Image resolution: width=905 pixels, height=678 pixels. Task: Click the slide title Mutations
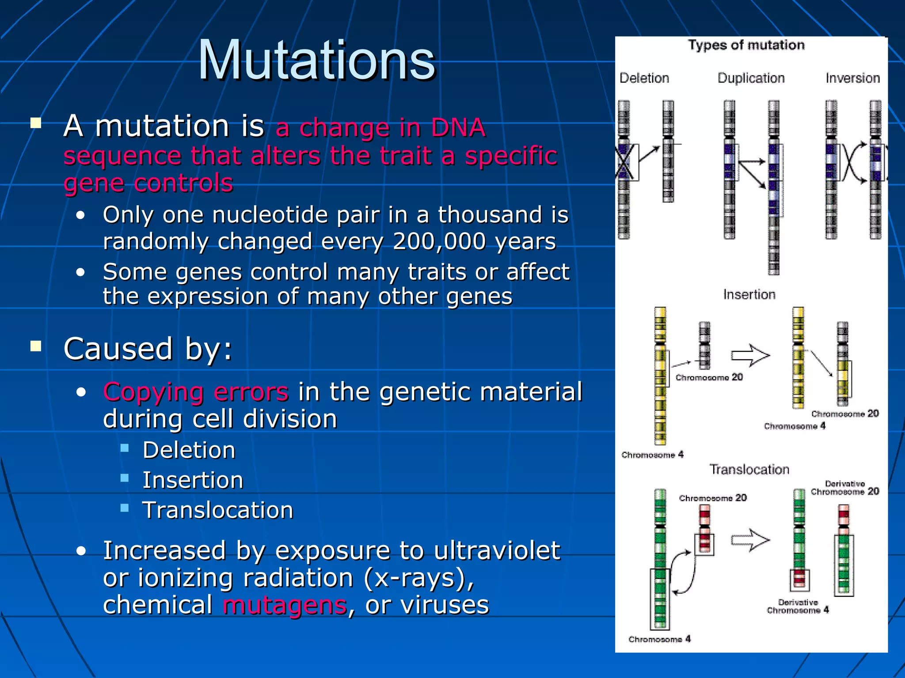pyautogui.click(x=317, y=60)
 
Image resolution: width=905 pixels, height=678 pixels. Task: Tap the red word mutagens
pyautogui.click(x=285, y=605)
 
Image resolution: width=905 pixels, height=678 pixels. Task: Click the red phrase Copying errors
pyautogui.click(x=196, y=392)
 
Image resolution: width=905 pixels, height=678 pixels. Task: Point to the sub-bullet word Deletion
pyautogui.click(x=189, y=451)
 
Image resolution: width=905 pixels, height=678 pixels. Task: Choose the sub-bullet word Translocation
pyautogui.click(x=217, y=511)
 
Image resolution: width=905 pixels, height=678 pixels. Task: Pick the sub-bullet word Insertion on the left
pyautogui.click(x=193, y=481)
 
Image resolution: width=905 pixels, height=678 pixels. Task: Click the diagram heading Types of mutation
pyautogui.click(x=746, y=45)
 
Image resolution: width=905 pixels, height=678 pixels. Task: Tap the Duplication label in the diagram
pyautogui.click(x=751, y=78)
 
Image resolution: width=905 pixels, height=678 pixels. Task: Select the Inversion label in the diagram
pyautogui.click(x=852, y=78)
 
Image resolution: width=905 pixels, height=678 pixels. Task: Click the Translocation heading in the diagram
pyautogui.click(x=749, y=470)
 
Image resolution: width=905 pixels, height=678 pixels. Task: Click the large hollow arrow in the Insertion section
pyautogui.click(x=750, y=356)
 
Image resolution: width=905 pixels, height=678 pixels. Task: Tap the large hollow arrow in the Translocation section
pyautogui.click(x=750, y=540)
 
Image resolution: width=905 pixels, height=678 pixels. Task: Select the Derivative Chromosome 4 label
pyautogui.click(x=798, y=606)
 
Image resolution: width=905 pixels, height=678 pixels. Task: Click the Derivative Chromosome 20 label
pyautogui.click(x=844, y=488)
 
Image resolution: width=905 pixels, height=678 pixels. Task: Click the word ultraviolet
pyautogui.click(x=497, y=551)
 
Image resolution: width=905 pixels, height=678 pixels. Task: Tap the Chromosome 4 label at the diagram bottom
pyautogui.click(x=659, y=639)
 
